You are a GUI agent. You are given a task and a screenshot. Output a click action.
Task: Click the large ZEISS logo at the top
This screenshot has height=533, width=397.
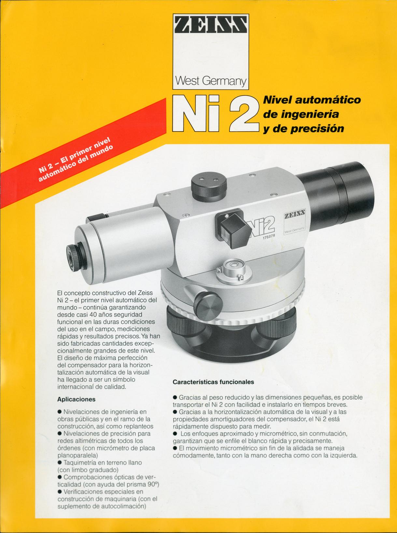211,24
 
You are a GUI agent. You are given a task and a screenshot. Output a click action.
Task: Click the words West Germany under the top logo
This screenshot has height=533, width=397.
211,81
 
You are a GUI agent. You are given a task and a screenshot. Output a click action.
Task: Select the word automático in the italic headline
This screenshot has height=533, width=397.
328,100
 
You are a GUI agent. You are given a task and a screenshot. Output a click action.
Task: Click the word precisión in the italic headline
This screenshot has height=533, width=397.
317,129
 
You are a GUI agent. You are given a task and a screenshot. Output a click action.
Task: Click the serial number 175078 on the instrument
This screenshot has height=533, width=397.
268,237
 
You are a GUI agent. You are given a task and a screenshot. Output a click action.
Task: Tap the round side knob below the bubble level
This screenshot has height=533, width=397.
208,306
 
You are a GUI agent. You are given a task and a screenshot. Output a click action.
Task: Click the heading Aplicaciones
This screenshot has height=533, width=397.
76,399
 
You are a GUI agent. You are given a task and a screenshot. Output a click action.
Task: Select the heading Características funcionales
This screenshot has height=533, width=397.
213,382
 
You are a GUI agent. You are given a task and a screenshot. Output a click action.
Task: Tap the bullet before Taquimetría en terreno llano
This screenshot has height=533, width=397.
60,463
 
